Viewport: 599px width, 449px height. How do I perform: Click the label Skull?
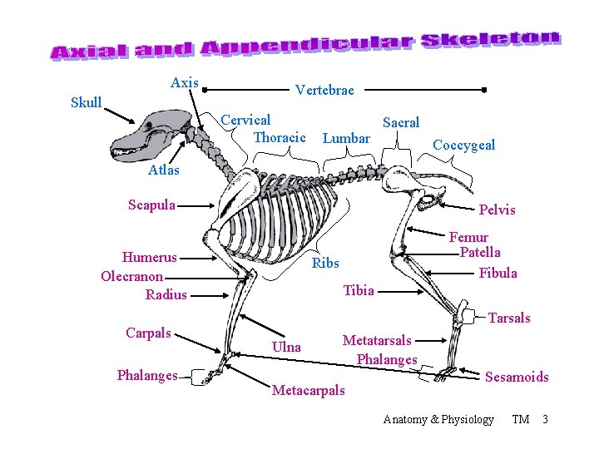pyautogui.click(x=87, y=103)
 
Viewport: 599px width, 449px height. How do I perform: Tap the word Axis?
pyautogui.click(x=184, y=82)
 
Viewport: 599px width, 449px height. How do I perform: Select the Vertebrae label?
pyautogui.click(x=324, y=90)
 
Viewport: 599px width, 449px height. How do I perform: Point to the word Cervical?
pyautogui.click(x=245, y=121)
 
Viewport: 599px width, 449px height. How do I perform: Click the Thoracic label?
pyautogui.click(x=279, y=137)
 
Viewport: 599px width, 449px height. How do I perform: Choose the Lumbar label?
pyautogui.click(x=346, y=138)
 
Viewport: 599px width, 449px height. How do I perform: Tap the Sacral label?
pyautogui.click(x=401, y=122)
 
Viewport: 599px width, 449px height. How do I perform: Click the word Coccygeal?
pyautogui.click(x=463, y=145)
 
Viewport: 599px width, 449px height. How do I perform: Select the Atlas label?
pyautogui.click(x=164, y=170)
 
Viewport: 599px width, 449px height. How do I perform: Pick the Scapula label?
pyautogui.click(x=151, y=205)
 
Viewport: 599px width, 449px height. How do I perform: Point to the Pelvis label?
pyautogui.click(x=497, y=210)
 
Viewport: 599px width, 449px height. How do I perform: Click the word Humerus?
pyautogui.click(x=149, y=257)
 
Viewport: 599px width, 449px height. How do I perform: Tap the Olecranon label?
pyautogui.click(x=132, y=276)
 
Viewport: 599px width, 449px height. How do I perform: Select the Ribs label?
pyautogui.click(x=325, y=263)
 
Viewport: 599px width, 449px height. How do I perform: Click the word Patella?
pyautogui.click(x=480, y=252)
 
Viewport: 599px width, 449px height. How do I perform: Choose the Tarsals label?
pyautogui.click(x=509, y=318)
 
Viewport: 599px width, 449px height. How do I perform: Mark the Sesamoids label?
pyautogui.click(x=517, y=377)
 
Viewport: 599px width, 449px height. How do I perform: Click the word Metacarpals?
pyautogui.click(x=308, y=390)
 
